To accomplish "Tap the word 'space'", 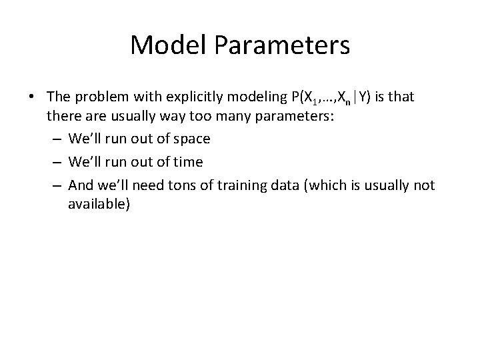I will pyautogui.click(x=191, y=139).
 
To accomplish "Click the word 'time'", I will pyautogui.click(x=189, y=161).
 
